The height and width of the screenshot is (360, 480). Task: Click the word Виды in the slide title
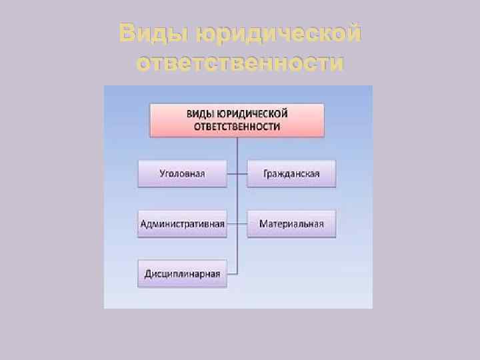pyautogui.click(x=149, y=33)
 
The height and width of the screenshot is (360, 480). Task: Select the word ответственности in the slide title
pyautogui.click(x=240, y=63)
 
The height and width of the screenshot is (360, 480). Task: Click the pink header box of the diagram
pyautogui.click(x=237, y=120)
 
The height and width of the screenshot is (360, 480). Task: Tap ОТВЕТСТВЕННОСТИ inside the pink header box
pyautogui.click(x=237, y=126)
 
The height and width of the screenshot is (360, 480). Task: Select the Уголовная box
pyautogui.click(x=182, y=173)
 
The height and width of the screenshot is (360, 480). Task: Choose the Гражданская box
pyautogui.click(x=291, y=173)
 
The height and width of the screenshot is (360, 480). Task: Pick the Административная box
pyautogui.click(x=182, y=223)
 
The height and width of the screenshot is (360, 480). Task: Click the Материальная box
pyautogui.click(x=291, y=223)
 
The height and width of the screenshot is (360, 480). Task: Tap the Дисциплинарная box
pyautogui.click(x=182, y=273)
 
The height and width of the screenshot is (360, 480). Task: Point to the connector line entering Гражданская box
pyautogui.click(x=242, y=173)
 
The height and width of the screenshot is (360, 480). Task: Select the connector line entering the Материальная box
pyautogui.click(x=242, y=223)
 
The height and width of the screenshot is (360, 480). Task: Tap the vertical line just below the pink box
pyautogui.click(x=237, y=148)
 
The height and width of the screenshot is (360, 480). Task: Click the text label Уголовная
pyautogui.click(x=182, y=173)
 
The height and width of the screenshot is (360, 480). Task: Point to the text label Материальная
pyautogui.click(x=291, y=223)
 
